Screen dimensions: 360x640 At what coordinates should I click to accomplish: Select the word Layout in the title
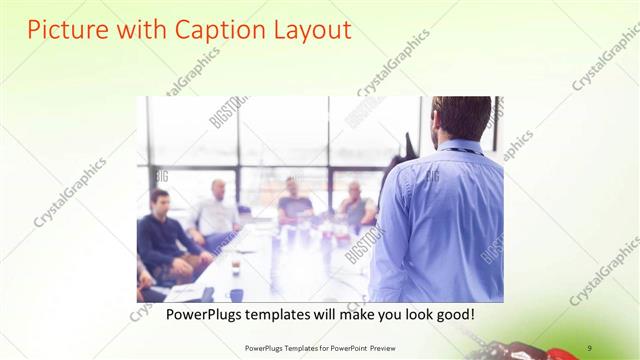[x=312, y=30]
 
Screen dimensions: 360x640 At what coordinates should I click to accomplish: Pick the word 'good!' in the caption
[x=453, y=315]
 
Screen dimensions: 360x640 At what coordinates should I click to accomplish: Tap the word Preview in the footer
[x=378, y=348]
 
